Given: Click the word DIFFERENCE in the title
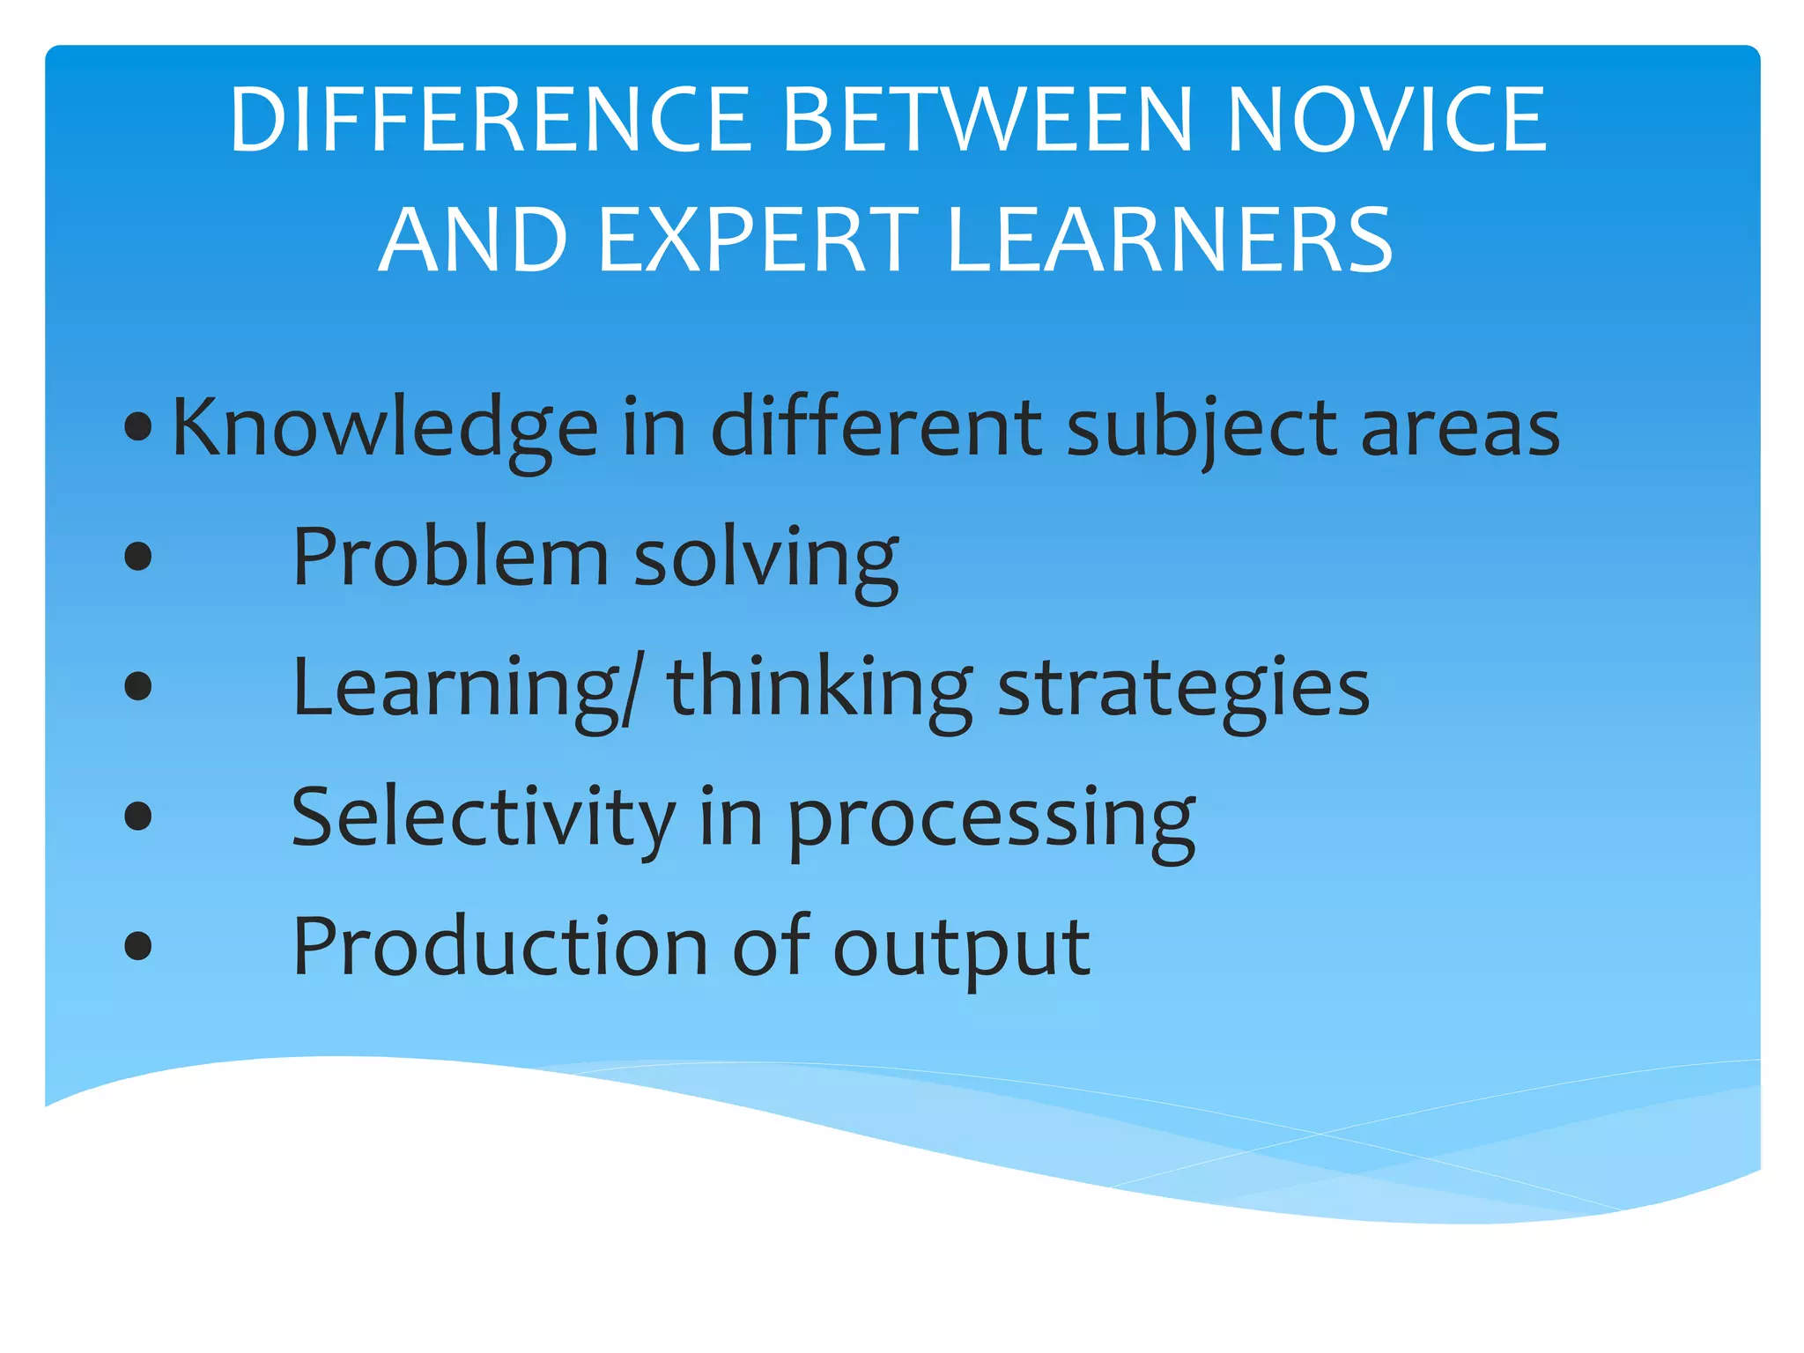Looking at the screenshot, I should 489,121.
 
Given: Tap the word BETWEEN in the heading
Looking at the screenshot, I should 987,121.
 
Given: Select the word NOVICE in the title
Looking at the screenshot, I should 1386,121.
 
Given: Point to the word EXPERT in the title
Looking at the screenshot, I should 758,240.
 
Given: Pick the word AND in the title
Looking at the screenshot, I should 474,240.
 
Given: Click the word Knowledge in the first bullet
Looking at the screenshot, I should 385,429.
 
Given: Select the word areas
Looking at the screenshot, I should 1460,429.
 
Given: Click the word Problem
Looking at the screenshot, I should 450,557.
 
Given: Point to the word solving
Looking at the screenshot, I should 766,558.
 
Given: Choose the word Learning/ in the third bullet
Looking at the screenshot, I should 468,689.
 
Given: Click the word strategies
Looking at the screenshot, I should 1183,689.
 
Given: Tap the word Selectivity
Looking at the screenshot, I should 483,817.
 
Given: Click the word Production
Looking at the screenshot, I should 499,947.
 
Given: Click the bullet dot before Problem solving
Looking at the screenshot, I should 138,557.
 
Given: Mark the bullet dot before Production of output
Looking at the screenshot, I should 138,947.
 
